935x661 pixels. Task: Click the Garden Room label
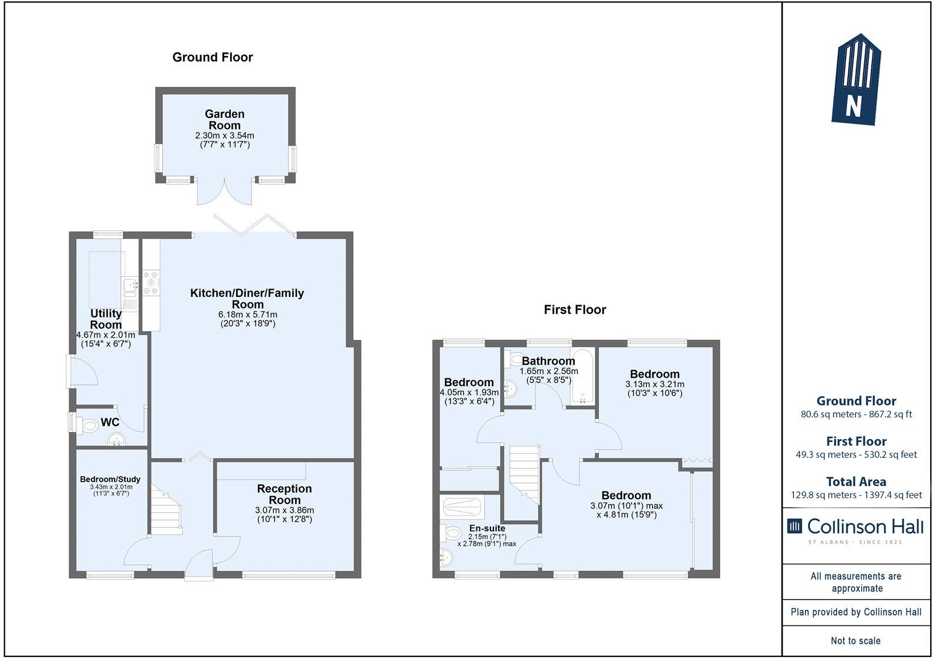[224, 119]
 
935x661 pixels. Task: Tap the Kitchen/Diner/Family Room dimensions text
[248, 319]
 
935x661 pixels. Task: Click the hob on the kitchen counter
[151, 283]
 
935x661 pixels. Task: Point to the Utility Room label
[106, 319]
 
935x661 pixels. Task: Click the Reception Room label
[285, 494]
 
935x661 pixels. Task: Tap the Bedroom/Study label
[110, 479]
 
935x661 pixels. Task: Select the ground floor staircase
[166, 509]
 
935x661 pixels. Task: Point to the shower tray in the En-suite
[462, 507]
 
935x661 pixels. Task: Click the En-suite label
[487, 528]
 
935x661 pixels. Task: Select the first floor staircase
[524, 475]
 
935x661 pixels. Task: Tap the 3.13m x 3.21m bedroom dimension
[655, 388]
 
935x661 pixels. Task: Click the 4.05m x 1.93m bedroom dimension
[469, 397]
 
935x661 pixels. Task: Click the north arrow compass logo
[856, 79]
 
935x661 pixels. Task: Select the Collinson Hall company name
[865, 526]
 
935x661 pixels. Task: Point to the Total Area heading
[856, 482]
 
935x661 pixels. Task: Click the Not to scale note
[856, 640]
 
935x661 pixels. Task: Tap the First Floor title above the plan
[575, 310]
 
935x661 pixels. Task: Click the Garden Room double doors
[224, 193]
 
